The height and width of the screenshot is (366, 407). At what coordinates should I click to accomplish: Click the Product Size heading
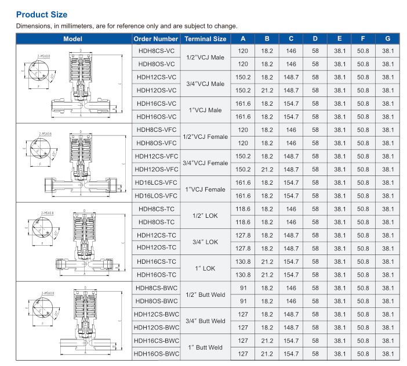[x=42, y=14]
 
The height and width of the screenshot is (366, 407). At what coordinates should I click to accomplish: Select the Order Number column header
[x=156, y=39]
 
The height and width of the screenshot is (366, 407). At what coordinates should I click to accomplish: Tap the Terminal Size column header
[x=205, y=39]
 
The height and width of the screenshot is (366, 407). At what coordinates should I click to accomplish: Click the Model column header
[x=73, y=39]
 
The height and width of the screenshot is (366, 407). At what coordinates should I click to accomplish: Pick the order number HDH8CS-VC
[x=156, y=51]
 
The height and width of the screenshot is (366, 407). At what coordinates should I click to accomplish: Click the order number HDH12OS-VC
[x=156, y=91]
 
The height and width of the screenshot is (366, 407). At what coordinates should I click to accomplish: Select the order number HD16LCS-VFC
[x=156, y=183]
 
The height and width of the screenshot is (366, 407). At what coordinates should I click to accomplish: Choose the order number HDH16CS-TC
[x=156, y=262]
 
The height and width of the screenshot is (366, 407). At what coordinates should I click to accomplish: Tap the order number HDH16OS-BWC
[x=156, y=354]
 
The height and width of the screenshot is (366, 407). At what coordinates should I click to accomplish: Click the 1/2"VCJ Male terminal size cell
[x=205, y=58]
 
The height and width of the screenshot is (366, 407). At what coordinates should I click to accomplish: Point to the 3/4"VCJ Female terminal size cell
[x=205, y=163]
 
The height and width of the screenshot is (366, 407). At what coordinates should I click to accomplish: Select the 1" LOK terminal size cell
[x=205, y=268]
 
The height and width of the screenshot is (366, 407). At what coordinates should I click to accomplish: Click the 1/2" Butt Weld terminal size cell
[x=205, y=295]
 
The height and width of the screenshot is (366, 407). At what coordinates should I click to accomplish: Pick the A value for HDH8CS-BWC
[x=243, y=288]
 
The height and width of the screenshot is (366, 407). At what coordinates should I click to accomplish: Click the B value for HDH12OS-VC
[x=267, y=91]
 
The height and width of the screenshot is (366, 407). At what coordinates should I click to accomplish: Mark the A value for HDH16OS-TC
[x=243, y=275]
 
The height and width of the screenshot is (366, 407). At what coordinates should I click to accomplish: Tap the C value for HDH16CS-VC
[x=291, y=104]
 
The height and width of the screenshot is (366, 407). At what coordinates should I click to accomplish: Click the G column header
[x=387, y=39]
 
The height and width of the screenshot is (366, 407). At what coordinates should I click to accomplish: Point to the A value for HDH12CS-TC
[x=243, y=235]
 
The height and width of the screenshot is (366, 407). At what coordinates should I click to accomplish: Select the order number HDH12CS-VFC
[x=156, y=156]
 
